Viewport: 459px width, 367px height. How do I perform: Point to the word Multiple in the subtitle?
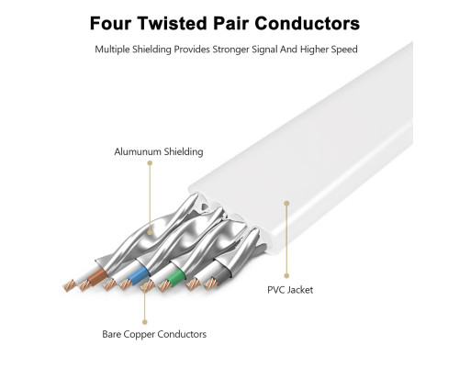[112, 50]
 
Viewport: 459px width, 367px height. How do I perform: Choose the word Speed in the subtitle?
[344, 50]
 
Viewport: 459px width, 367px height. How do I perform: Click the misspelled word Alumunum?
[138, 151]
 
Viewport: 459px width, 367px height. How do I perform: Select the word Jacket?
[301, 290]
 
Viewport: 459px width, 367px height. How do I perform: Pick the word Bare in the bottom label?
[111, 334]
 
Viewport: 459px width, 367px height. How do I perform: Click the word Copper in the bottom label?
[138, 335]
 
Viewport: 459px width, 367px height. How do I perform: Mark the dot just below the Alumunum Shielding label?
[150, 163]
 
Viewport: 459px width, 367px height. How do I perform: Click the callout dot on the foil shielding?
[150, 232]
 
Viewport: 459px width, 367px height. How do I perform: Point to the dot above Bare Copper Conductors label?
[145, 322]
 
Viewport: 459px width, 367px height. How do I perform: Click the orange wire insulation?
[96, 275]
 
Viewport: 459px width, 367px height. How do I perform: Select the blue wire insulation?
[138, 274]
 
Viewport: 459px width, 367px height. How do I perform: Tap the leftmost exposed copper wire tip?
[69, 285]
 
